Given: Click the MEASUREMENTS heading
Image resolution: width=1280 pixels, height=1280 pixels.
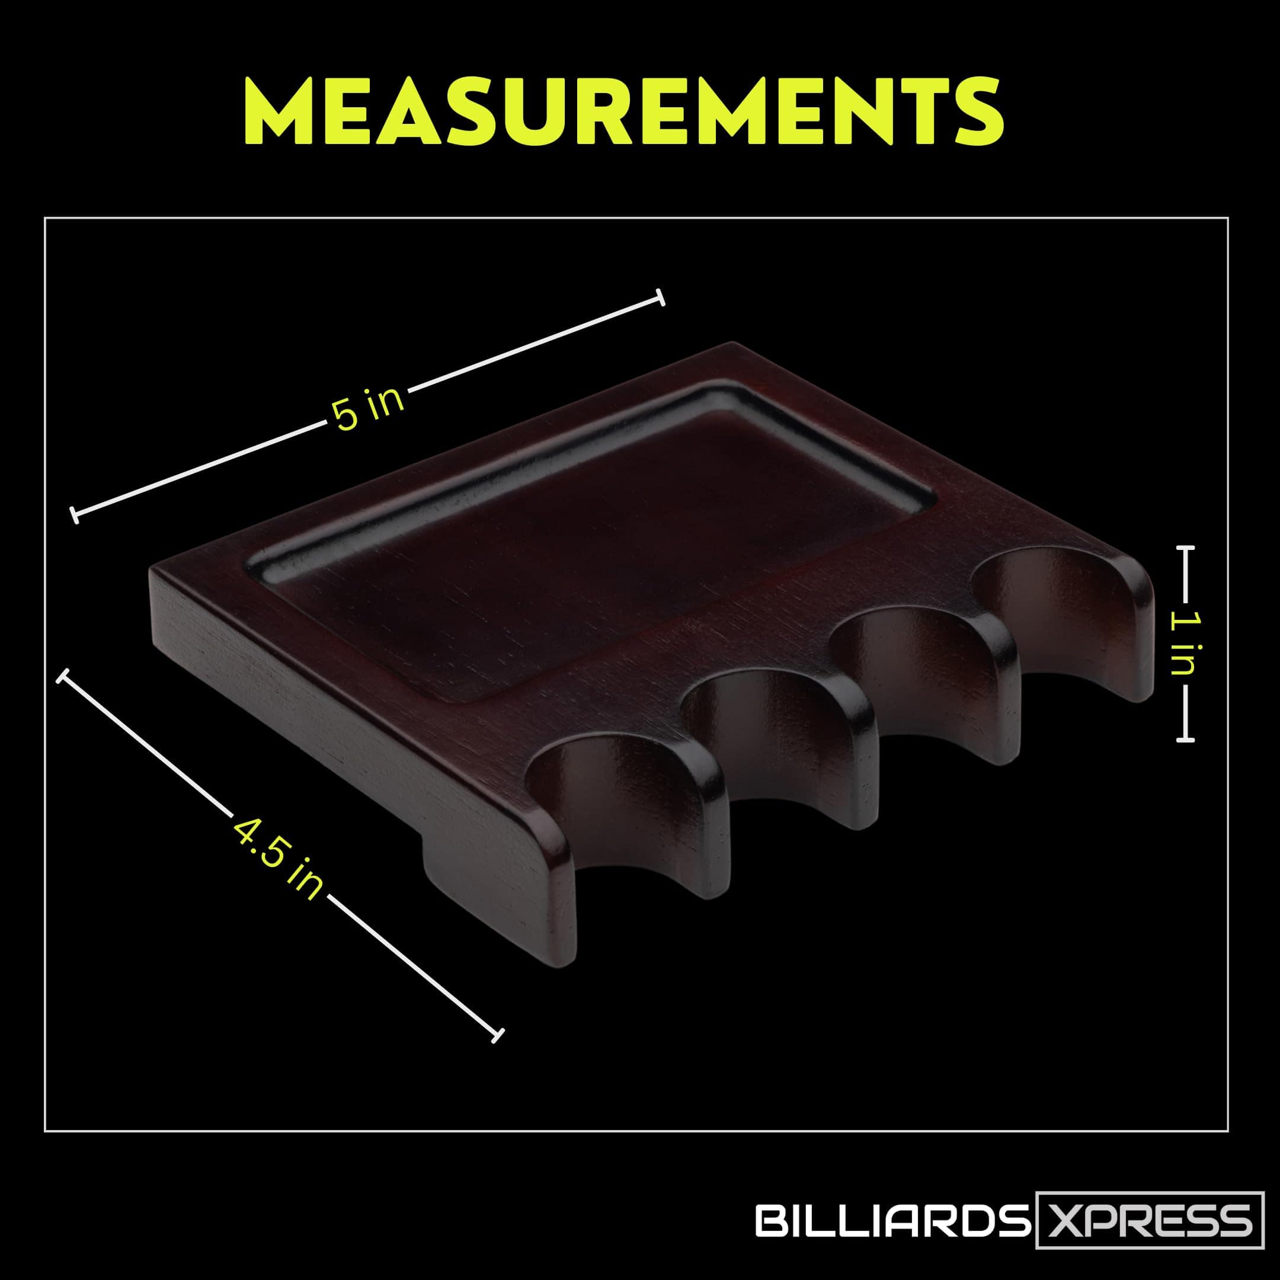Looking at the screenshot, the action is [x=623, y=111].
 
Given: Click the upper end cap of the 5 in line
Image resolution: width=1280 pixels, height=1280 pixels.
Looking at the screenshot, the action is [x=659, y=298].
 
